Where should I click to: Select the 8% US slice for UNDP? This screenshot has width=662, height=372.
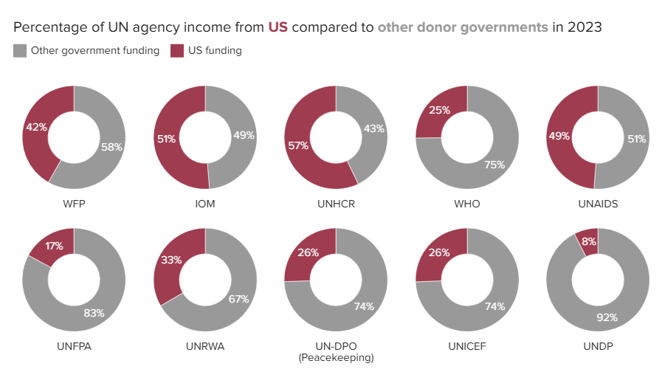point(589,241)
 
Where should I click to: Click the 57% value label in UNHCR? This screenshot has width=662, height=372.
point(298,145)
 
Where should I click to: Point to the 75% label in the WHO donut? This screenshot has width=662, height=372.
point(494,165)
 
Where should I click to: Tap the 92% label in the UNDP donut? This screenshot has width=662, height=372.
point(606,318)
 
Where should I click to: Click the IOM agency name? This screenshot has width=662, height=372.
point(205,203)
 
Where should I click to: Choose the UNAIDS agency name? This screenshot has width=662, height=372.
point(598,203)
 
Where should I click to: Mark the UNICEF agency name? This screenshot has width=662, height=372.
point(466,345)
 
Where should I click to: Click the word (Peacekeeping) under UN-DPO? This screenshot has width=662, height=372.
point(336,357)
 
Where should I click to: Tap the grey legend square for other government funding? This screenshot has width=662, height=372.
point(20,51)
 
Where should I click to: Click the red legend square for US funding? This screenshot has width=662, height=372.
point(176,51)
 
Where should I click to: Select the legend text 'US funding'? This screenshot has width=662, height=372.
point(216,51)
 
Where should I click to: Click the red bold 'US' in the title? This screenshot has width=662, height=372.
point(278,28)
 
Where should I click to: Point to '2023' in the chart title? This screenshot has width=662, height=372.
point(583,28)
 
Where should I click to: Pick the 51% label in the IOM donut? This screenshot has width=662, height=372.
point(166,138)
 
